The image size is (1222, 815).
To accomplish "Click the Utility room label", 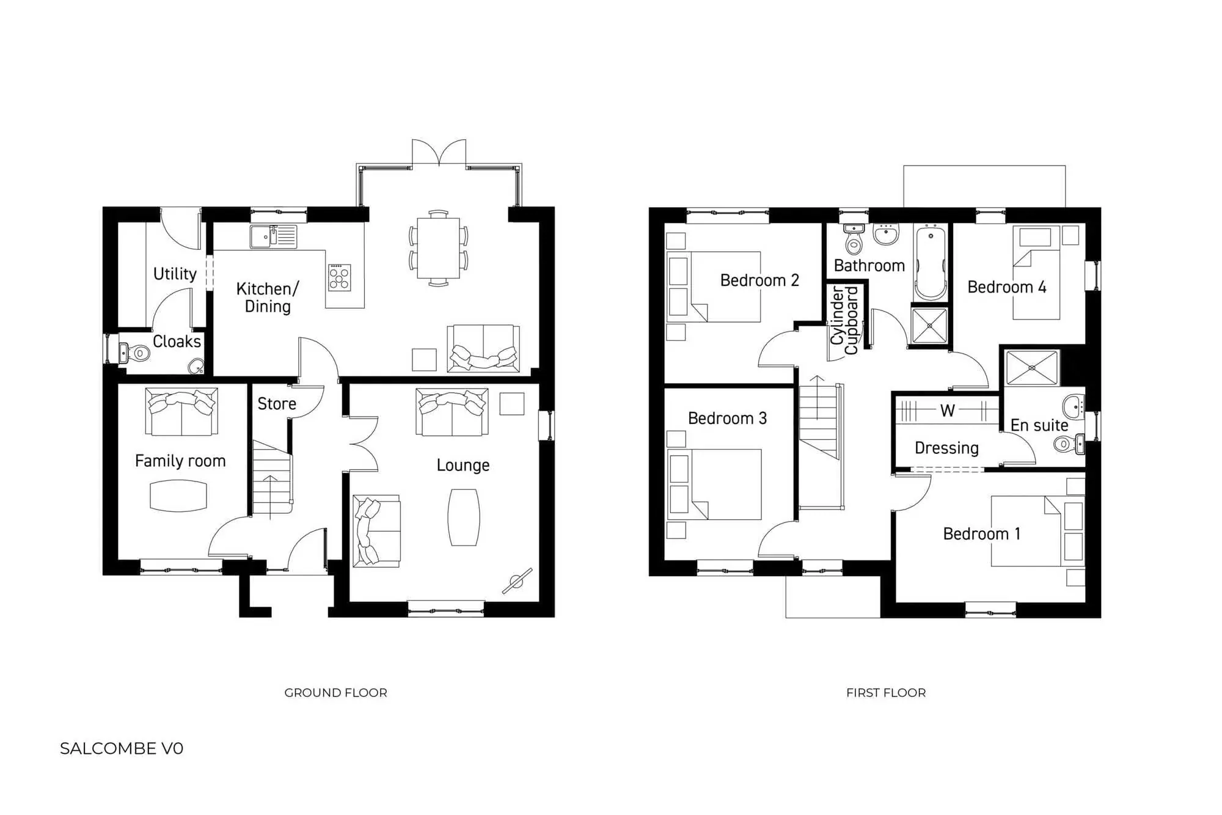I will [175, 274].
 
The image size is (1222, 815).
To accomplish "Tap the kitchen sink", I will [273, 236].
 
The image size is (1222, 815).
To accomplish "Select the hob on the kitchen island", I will [340, 277].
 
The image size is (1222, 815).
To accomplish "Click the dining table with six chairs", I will [438, 249].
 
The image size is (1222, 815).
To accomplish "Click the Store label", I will [277, 404].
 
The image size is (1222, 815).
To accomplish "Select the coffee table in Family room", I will [178, 495].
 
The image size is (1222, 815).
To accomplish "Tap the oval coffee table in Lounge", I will [464, 517].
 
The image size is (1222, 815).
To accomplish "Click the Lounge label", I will [463, 466].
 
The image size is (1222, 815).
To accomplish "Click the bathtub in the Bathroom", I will [931, 263].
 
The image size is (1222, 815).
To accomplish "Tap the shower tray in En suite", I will [1031, 368].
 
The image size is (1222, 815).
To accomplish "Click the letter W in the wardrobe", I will [948, 411].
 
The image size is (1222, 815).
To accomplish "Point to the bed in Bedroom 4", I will [1036, 273].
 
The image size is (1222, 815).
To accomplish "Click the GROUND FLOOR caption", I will [335, 693].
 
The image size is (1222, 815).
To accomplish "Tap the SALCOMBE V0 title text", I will [122, 749].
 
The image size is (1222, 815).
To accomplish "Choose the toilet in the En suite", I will [1066, 444].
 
